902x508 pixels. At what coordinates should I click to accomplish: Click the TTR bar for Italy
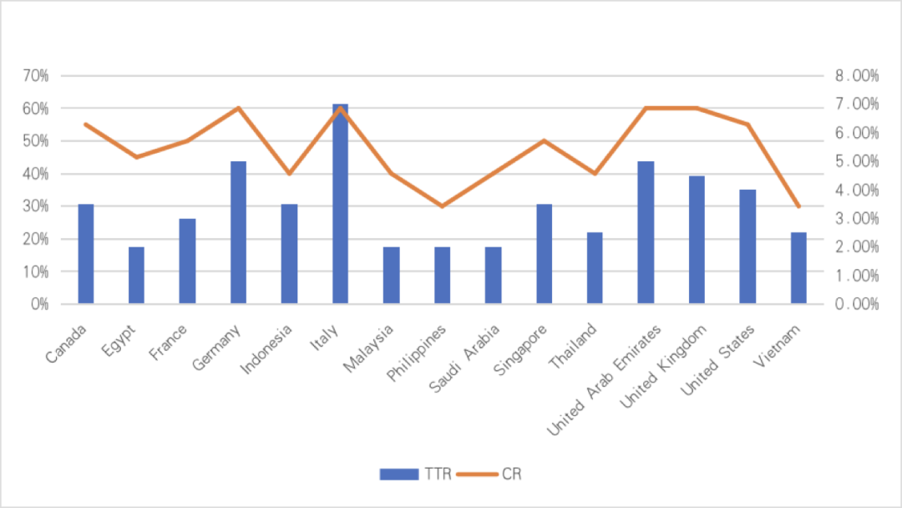click(340, 204)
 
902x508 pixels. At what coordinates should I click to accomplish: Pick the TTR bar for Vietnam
click(798, 267)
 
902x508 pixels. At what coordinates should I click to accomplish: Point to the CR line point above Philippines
click(442, 206)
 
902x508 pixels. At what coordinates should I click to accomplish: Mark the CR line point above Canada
click(85, 124)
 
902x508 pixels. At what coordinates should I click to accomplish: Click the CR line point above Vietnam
click(798, 206)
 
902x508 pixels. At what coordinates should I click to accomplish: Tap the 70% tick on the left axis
click(37, 76)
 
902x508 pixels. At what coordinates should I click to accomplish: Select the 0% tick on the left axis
click(40, 304)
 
